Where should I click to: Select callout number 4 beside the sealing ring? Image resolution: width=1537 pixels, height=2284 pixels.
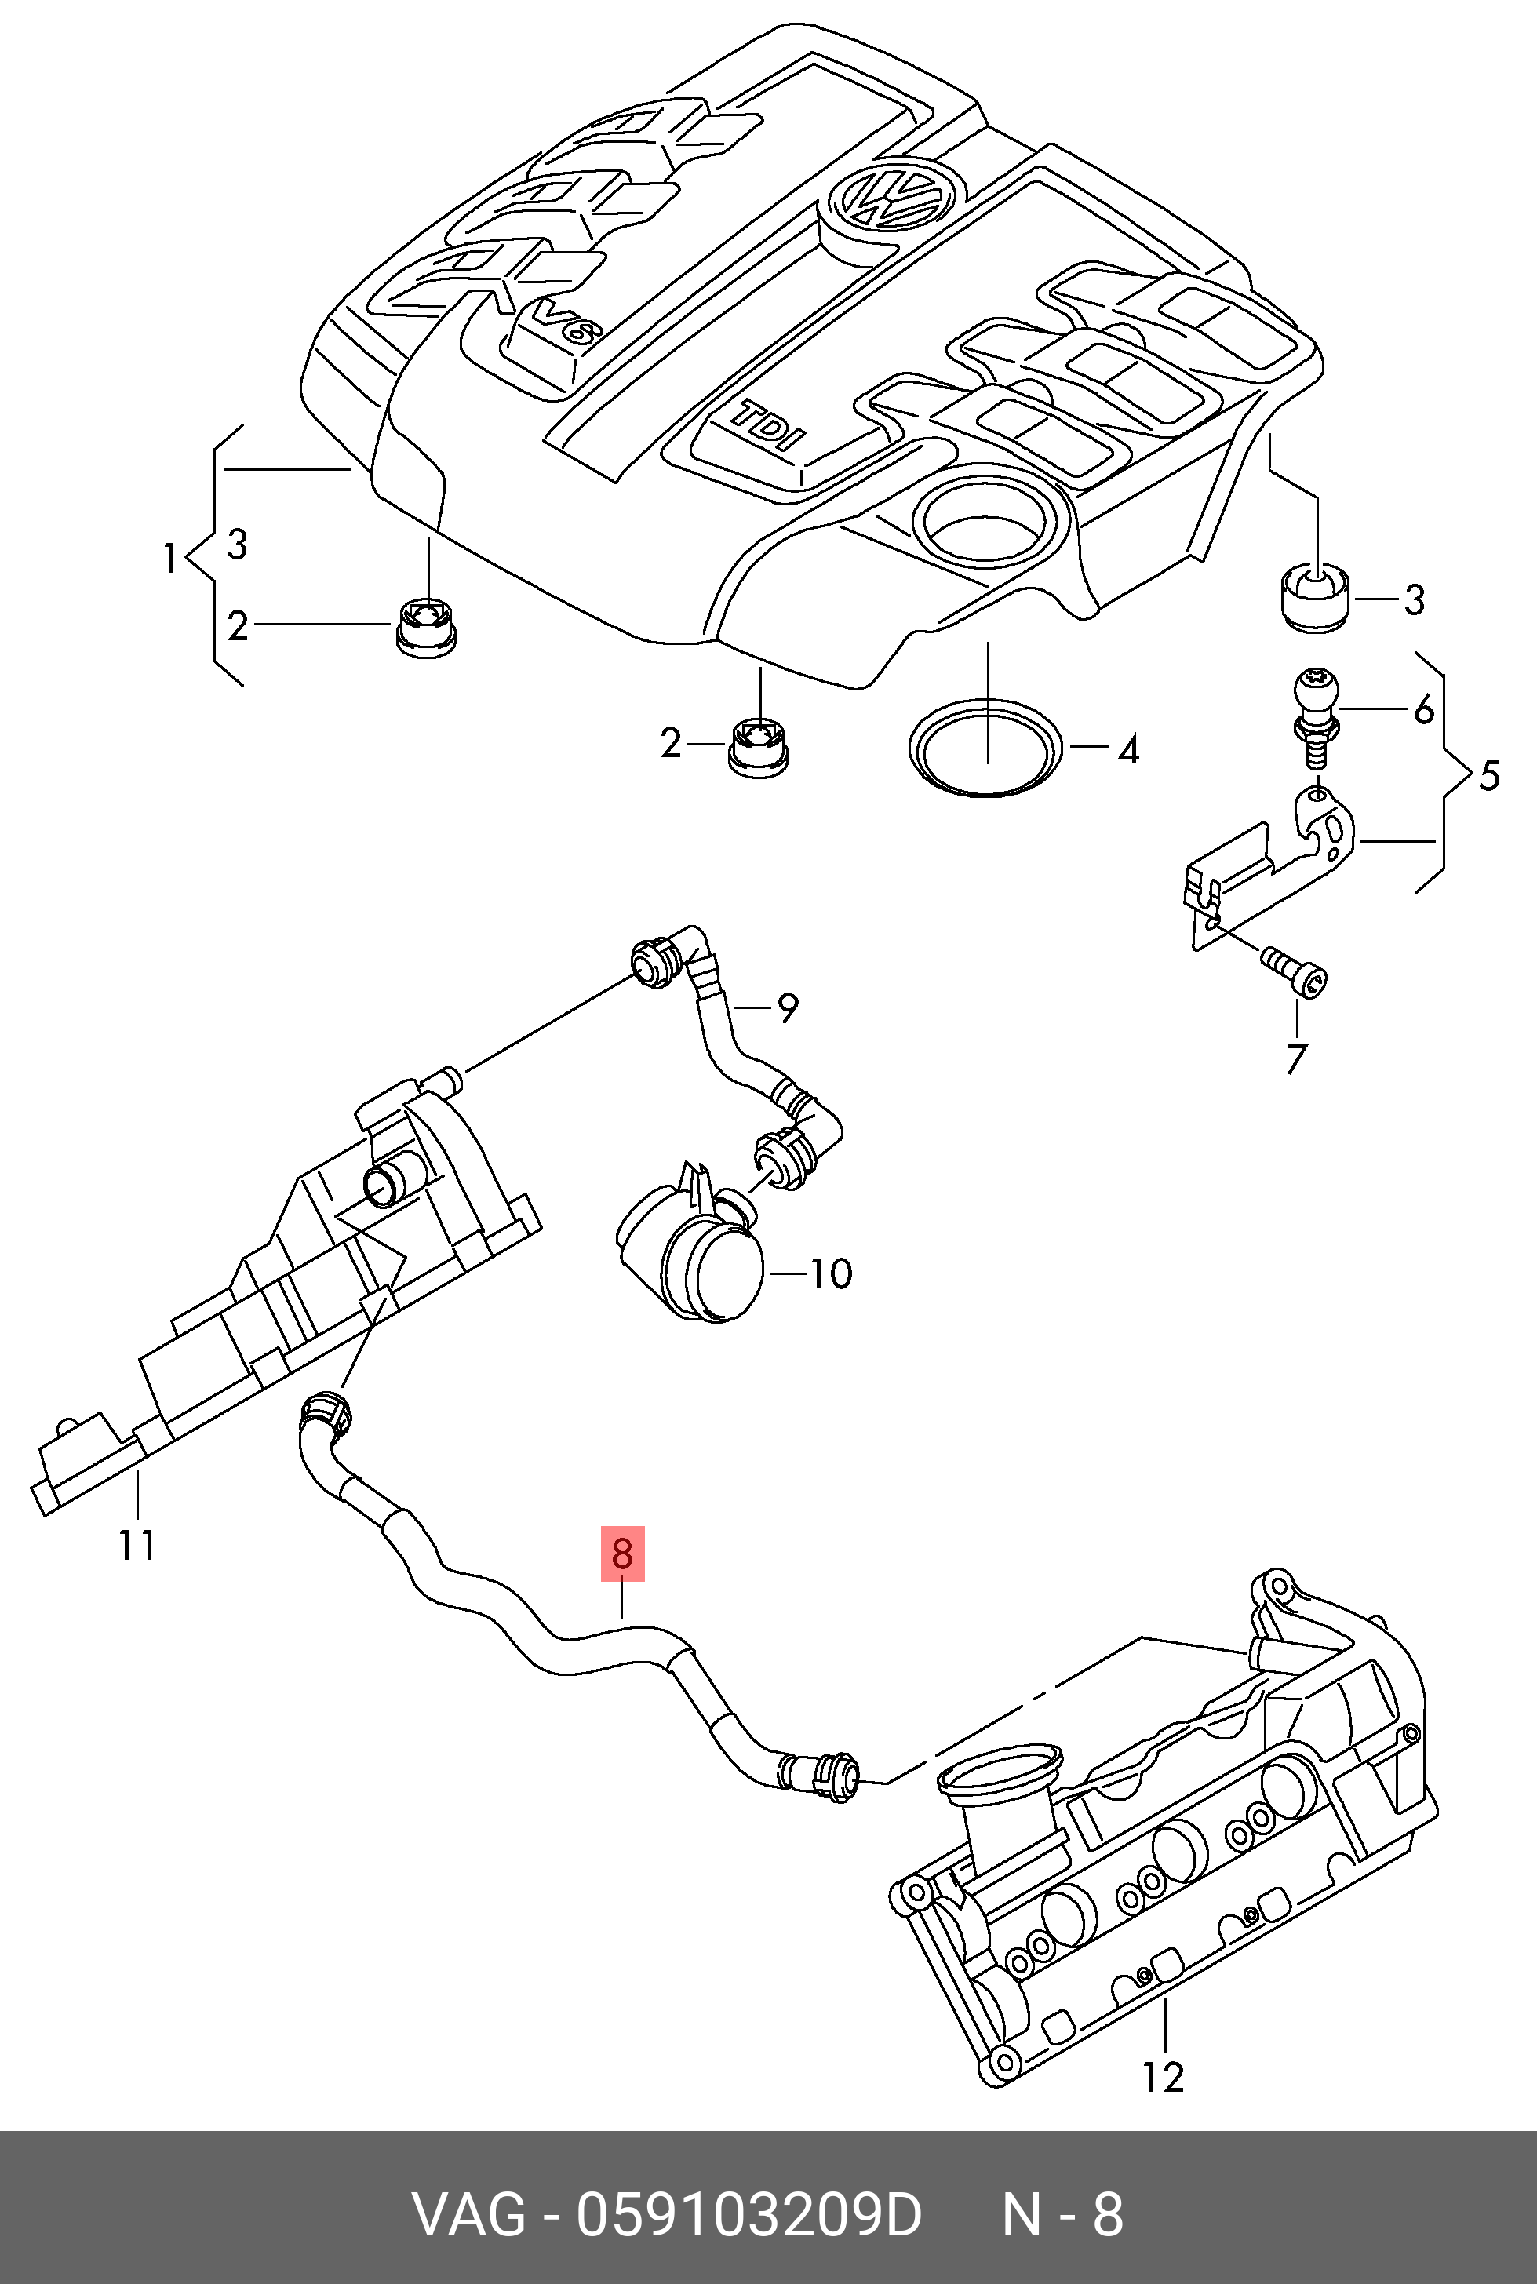pos(1128,750)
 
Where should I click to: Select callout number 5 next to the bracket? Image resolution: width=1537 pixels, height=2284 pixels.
pos(1488,775)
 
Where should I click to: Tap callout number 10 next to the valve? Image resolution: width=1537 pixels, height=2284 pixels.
pos(830,1273)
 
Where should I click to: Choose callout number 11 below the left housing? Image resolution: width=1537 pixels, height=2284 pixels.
pos(137,1546)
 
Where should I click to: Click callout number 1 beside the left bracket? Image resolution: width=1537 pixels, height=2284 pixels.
pos(169,558)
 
